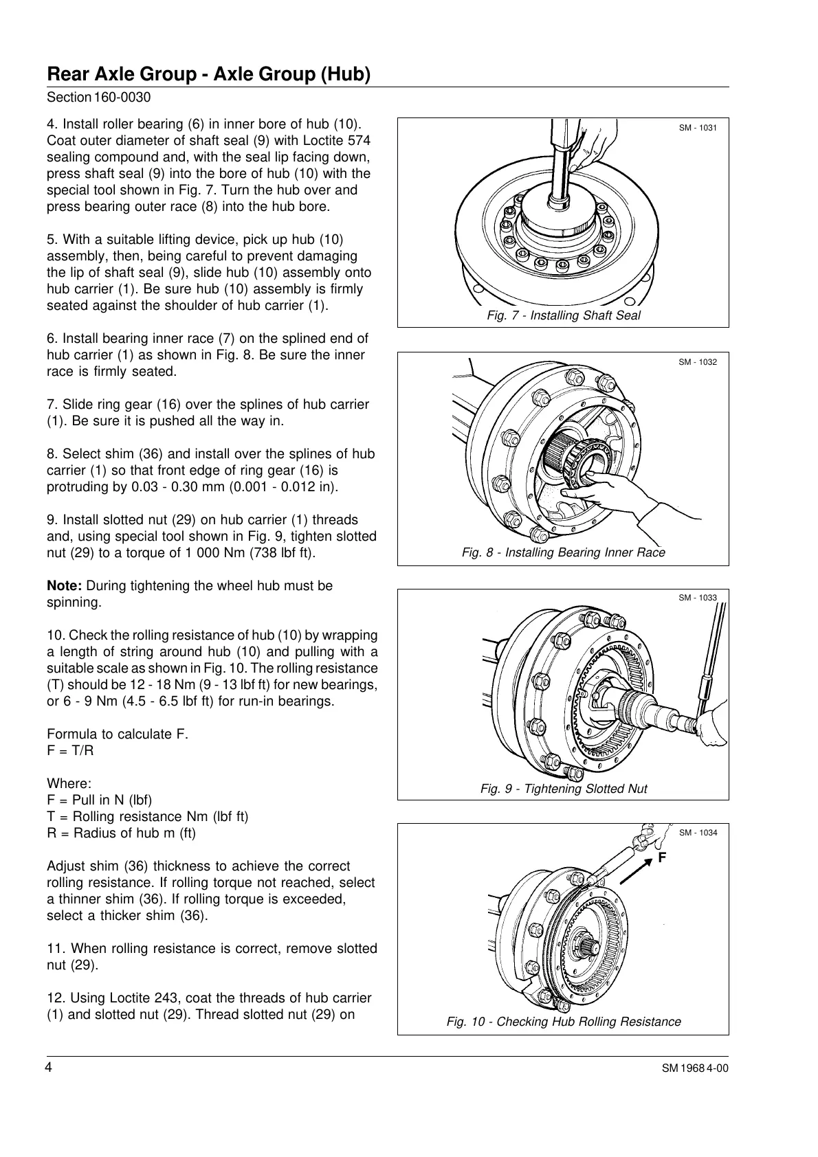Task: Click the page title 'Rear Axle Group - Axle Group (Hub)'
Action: coord(208,74)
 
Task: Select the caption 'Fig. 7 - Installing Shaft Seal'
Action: coord(563,315)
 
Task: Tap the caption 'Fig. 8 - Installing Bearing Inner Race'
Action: coord(564,552)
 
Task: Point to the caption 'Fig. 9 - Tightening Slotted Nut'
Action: coord(564,788)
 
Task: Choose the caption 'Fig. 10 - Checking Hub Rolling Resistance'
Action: coord(564,1021)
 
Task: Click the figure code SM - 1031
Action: coord(698,128)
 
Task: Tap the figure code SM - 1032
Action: coord(698,362)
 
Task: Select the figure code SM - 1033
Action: coord(698,598)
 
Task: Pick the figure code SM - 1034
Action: coord(698,833)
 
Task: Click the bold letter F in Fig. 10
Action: coord(662,858)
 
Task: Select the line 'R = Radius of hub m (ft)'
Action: coord(121,833)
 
